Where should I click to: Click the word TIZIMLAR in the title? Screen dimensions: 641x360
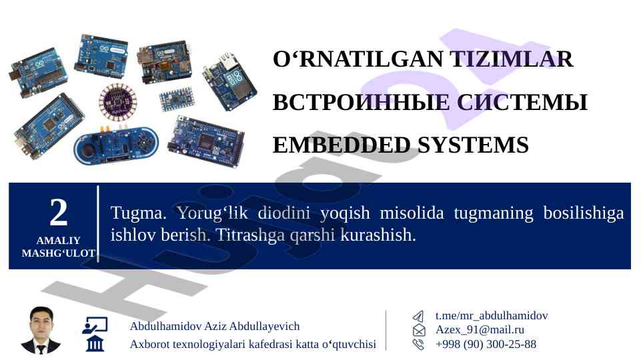coord(512,59)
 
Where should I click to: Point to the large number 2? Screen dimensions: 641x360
coord(59,212)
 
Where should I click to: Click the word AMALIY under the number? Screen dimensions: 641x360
coord(59,240)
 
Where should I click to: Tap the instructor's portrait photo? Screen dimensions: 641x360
coord(41,330)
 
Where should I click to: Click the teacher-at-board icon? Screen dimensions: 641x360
coord(95,325)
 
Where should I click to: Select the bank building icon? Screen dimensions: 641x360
coord(95,343)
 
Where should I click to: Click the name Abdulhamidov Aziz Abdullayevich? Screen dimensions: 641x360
coord(215,326)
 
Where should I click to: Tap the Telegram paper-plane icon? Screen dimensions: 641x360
coord(418,316)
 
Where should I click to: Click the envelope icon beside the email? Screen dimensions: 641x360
coord(419,330)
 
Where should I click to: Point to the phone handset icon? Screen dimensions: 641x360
coord(418,344)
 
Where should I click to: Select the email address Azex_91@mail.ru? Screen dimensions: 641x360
coord(480,330)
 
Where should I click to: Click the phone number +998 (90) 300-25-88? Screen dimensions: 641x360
coord(486,344)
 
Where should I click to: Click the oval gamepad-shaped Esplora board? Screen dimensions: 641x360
coord(117,146)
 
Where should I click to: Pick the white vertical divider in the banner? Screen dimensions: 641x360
coord(98,223)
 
